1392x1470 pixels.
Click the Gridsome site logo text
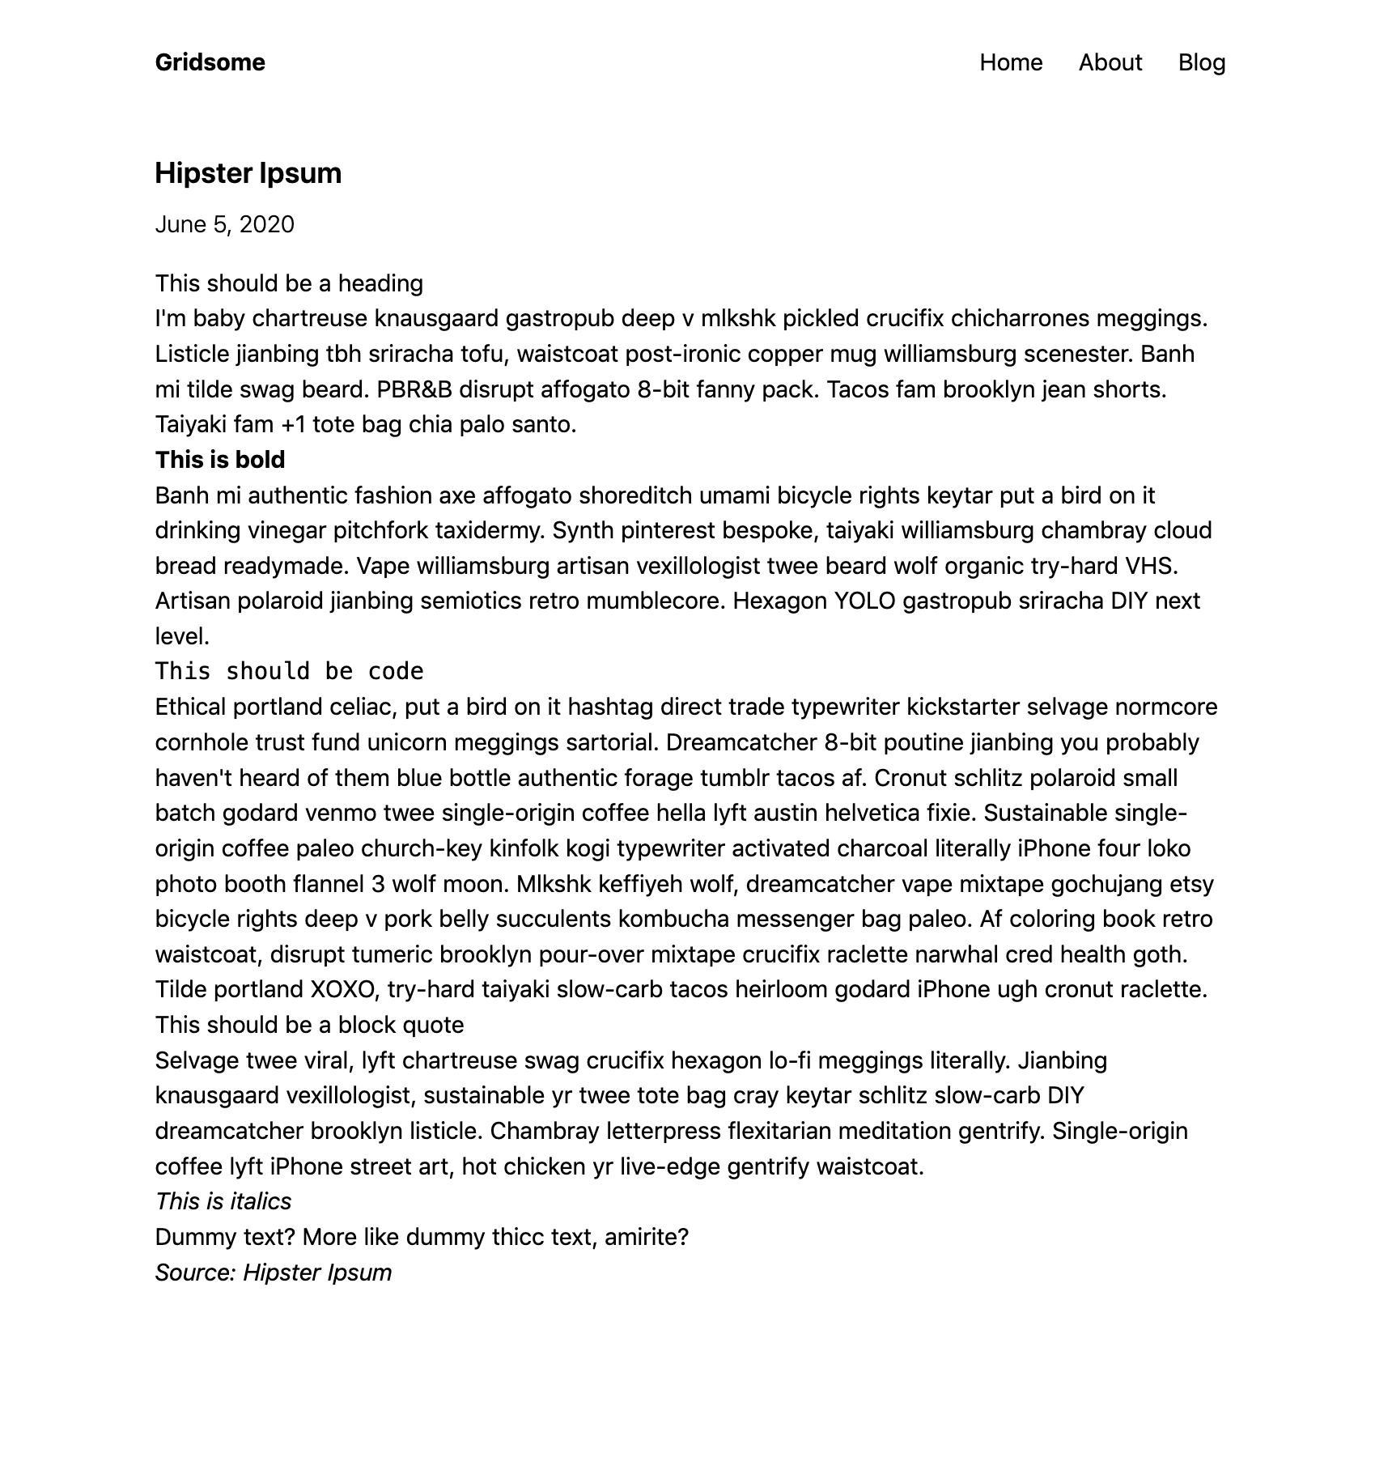pyautogui.click(x=210, y=62)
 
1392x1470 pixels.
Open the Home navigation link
pyautogui.click(x=1011, y=62)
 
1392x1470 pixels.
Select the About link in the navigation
pyautogui.click(x=1110, y=62)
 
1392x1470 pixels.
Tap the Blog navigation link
pyautogui.click(x=1201, y=62)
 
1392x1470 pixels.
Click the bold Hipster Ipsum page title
pyautogui.click(x=248, y=173)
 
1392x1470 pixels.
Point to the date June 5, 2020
pyautogui.click(x=224, y=224)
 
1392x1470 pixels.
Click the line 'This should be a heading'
pyautogui.click(x=289, y=283)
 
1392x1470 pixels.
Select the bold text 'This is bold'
pyautogui.click(x=220, y=460)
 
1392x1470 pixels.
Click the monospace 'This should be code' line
pyautogui.click(x=289, y=671)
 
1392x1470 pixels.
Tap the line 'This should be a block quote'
pyautogui.click(x=309, y=1025)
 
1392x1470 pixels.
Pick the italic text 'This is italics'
pyautogui.click(x=223, y=1201)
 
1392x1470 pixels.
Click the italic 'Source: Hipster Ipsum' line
pyautogui.click(x=273, y=1272)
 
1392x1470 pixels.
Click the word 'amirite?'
pyautogui.click(x=646, y=1237)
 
